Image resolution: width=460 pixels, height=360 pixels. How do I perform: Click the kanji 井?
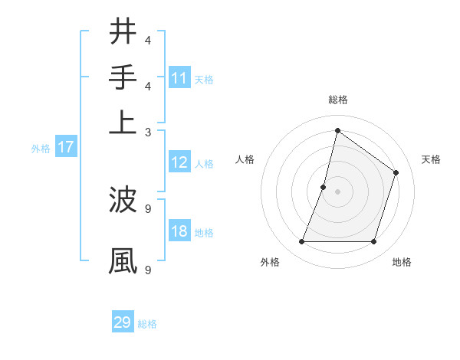coord(123,32)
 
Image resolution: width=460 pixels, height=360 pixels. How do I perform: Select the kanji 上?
coord(123,122)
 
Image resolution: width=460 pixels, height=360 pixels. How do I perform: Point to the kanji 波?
coord(123,201)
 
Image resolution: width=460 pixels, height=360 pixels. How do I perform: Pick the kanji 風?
coord(123,260)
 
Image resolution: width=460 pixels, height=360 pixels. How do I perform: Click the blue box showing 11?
coord(179,78)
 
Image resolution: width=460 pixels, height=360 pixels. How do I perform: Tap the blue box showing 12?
coord(179,162)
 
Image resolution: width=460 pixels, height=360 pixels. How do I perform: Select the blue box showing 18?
coord(179,232)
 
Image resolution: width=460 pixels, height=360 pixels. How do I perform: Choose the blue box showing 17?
coord(66,148)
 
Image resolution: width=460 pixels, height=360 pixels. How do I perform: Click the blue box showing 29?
coord(123,322)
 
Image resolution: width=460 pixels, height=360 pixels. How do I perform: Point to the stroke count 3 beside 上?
coord(148,132)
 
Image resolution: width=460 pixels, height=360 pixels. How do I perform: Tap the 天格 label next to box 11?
coord(204,79)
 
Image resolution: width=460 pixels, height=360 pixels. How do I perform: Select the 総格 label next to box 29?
coord(147,324)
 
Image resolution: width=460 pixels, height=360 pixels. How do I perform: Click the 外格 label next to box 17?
coord(40,149)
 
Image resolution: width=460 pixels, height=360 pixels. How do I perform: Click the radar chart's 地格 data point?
coord(373,242)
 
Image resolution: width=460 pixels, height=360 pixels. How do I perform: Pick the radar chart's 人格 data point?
coord(324,187)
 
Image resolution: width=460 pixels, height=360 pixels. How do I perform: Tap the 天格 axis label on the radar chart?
coord(431,159)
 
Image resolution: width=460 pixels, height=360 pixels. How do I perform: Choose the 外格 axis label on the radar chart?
coord(270,263)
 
